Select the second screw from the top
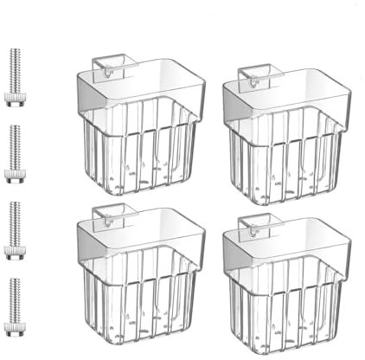(15, 156)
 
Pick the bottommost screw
(15, 308)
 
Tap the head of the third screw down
(15, 254)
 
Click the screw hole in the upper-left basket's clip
(106, 74)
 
